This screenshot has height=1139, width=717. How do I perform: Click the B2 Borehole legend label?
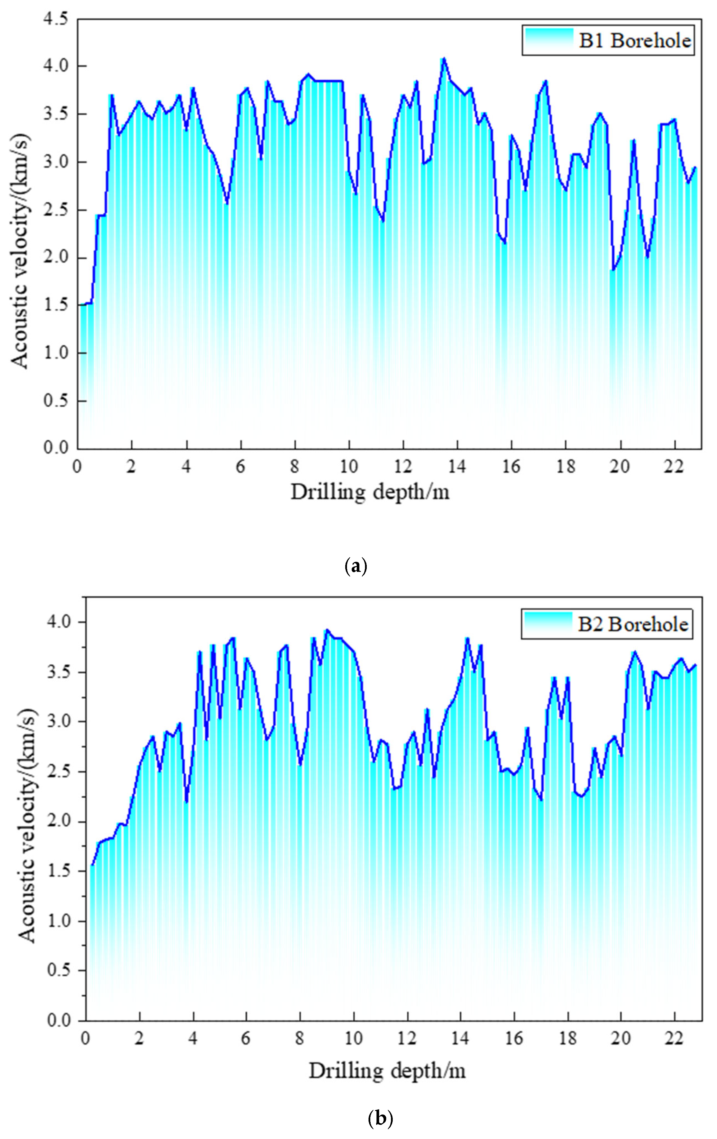[x=632, y=624]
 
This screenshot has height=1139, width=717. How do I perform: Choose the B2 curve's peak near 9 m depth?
[x=327, y=630]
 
